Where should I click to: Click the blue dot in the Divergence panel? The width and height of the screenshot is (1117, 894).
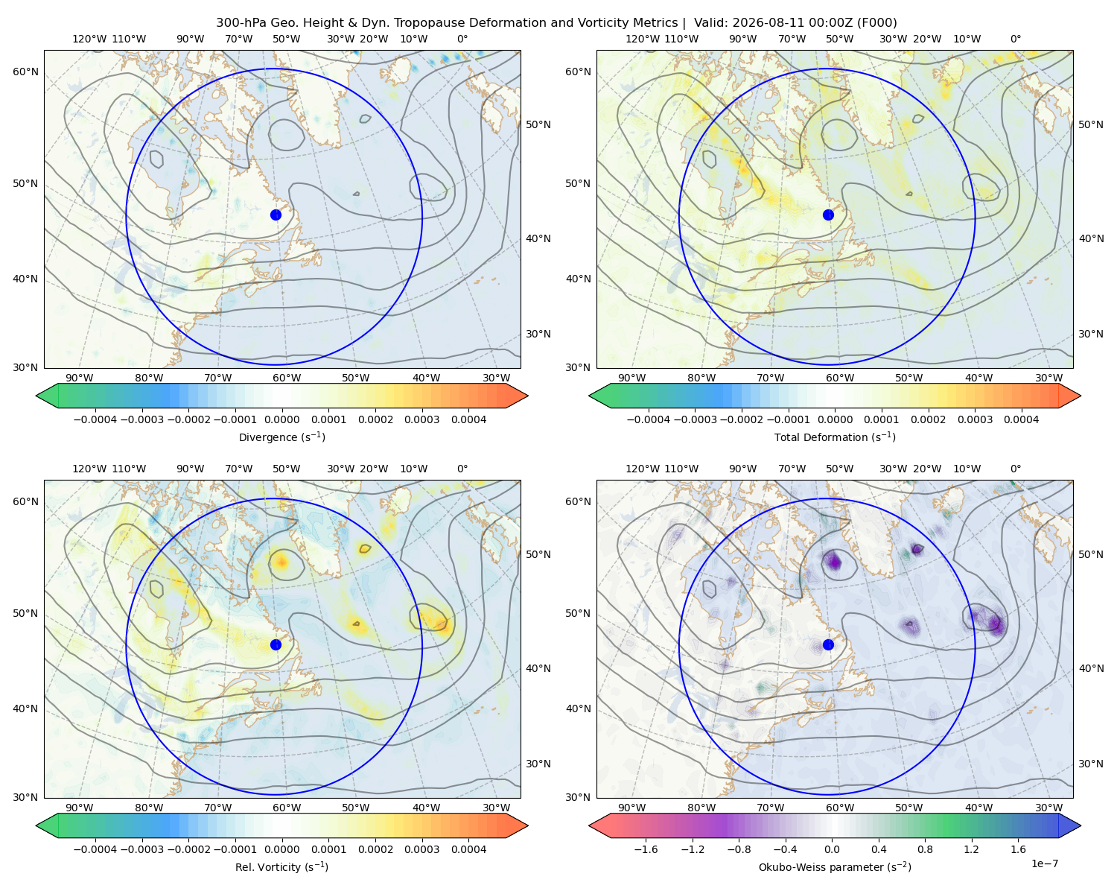(276, 215)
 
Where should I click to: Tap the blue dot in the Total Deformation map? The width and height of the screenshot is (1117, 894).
(828, 215)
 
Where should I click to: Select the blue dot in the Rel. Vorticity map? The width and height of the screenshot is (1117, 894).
(276, 644)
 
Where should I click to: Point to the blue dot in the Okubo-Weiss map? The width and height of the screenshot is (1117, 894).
(828, 644)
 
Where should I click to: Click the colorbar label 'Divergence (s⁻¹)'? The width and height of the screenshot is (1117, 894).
(281, 437)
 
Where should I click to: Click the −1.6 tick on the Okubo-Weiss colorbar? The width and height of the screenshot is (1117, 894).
(646, 849)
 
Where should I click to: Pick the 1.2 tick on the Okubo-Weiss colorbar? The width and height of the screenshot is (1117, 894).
(971, 849)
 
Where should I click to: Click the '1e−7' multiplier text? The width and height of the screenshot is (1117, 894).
(1044, 864)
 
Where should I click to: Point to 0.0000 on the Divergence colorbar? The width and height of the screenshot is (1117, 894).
(281, 419)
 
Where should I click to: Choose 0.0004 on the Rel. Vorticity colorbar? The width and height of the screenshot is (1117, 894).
(468, 849)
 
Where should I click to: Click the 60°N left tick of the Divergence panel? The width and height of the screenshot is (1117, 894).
(25, 72)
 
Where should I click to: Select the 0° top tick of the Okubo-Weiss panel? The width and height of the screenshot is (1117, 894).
(1015, 469)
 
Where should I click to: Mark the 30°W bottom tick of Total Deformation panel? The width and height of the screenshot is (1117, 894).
(1048, 378)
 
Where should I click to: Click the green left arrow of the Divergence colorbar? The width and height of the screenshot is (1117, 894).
(47, 396)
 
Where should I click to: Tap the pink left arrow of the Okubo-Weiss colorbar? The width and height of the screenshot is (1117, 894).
(599, 825)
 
